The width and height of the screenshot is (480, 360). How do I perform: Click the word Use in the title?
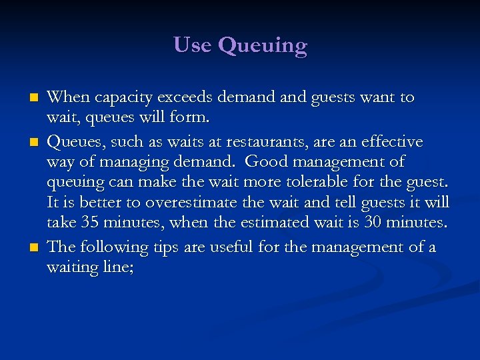pyautogui.click(x=192, y=45)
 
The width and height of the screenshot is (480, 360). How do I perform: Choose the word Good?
pyautogui.click(x=267, y=162)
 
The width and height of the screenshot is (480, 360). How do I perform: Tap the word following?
pyautogui.click(x=111, y=247)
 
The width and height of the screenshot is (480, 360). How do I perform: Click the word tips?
pyautogui.click(x=165, y=247)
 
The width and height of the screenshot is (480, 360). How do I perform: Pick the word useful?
pyautogui.click(x=231, y=247)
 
